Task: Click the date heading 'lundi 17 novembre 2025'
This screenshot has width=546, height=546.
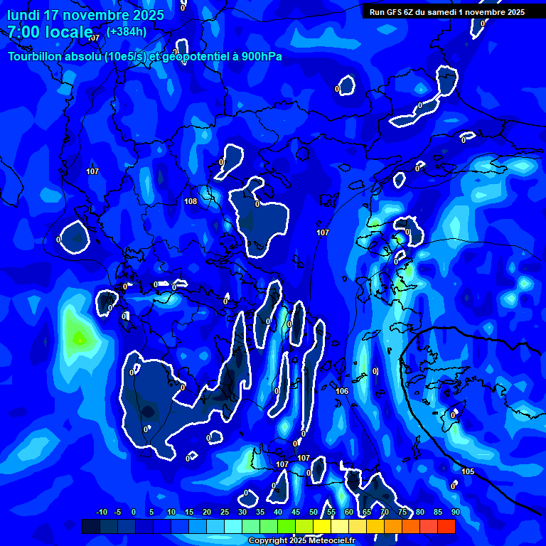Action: [x=85, y=15]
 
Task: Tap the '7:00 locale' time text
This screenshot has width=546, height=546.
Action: [x=50, y=32]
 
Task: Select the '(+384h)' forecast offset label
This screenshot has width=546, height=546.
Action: [x=127, y=31]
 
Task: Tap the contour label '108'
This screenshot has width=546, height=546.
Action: [x=191, y=201]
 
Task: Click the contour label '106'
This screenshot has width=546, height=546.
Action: [x=342, y=391]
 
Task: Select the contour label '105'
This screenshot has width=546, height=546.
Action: [x=468, y=471]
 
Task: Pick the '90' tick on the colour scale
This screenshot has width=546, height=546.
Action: [x=455, y=512]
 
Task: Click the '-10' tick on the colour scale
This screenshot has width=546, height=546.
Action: [x=101, y=512]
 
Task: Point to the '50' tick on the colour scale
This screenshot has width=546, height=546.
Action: [x=314, y=512]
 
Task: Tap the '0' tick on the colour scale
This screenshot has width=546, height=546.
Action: [x=134, y=512]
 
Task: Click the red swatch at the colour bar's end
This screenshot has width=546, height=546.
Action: [x=446, y=526]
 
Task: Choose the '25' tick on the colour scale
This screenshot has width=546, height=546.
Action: [x=225, y=512]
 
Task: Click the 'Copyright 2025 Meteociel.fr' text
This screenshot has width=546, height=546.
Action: [x=301, y=541]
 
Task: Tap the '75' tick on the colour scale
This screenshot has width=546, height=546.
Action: [x=402, y=512]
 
